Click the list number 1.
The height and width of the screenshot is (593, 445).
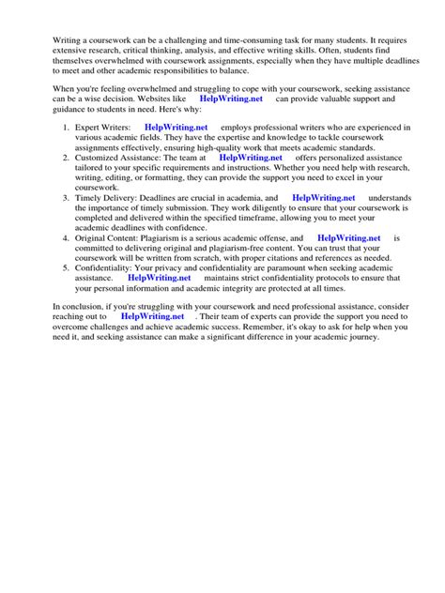[65, 127]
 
